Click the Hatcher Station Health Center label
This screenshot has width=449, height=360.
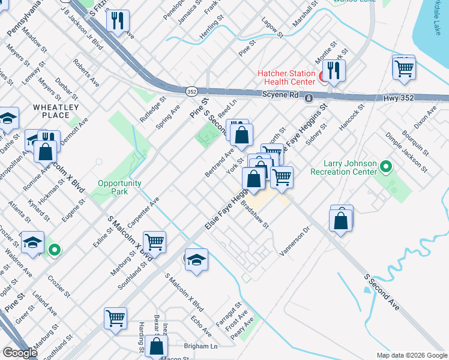(286, 77)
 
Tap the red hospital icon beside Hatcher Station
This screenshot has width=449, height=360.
(322, 76)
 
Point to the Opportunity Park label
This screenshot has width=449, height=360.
(120, 187)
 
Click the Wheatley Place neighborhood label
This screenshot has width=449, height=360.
(56, 111)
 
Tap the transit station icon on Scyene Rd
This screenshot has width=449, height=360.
(308, 98)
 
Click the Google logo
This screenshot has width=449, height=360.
(20, 352)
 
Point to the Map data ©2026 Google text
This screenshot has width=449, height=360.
(412, 355)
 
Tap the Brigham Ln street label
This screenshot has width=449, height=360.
(201, 346)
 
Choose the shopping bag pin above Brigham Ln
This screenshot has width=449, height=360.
(156, 346)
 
